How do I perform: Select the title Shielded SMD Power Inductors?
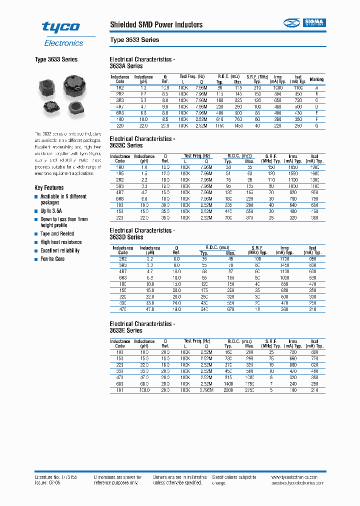click(x=156, y=24)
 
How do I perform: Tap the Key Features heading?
click(x=49, y=187)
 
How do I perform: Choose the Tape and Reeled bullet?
click(x=57, y=233)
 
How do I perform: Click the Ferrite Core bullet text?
click(x=52, y=259)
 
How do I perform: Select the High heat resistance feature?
click(x=61, y=242)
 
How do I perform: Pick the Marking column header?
click(x=316, y=79)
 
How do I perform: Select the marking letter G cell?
click(x=316, y=126)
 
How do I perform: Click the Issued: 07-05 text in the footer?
click(x=48, y=483)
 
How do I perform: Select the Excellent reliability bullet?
click(x=60, y=250)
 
